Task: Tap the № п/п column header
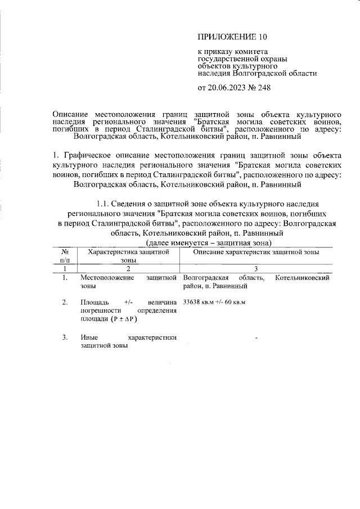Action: coord(66,256)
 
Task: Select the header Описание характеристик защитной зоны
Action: coord(256,253)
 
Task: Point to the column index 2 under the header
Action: coord(128,269)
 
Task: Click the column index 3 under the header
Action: coord(256,269)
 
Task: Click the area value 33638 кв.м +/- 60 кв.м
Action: coord(215,302)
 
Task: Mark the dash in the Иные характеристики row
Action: coord(256,339)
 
